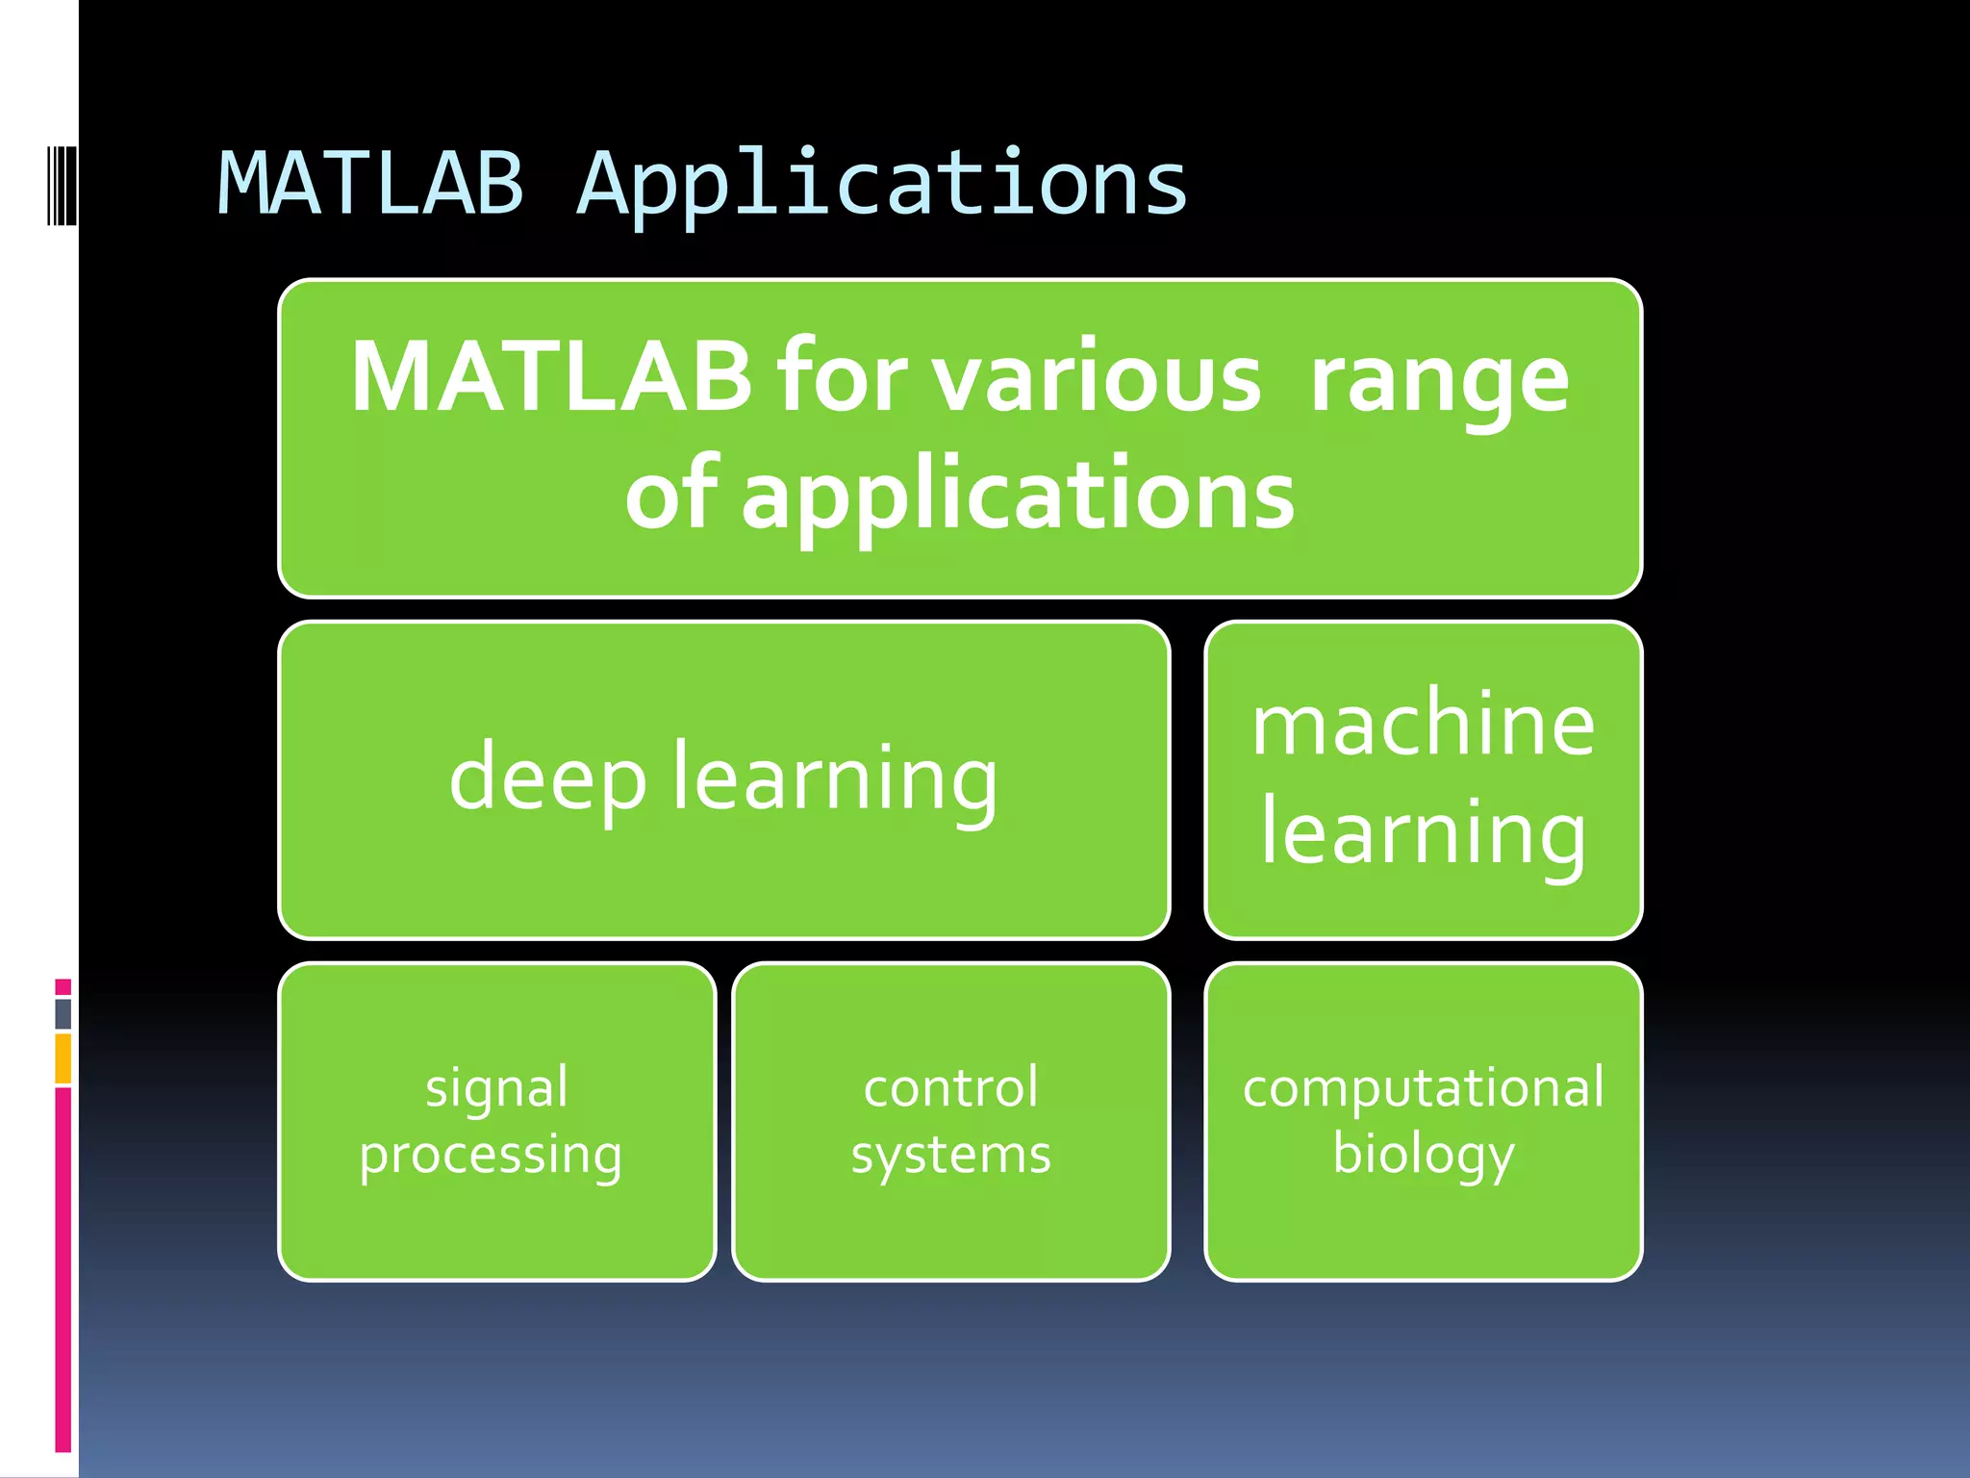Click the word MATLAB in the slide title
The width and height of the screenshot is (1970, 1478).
[x=371, y=183]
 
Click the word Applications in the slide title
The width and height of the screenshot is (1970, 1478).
[x=882, y=185]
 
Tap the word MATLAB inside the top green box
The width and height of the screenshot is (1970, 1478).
[x=550, y=377]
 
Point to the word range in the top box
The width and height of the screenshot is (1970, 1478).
[x=1439, y=381]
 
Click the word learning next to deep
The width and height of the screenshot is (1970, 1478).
[x=835, y=779]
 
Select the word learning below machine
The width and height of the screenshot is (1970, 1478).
[x=1423, y=833]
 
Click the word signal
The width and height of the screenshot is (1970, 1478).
[x=496, y=1088]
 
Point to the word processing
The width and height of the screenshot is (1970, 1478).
[x=491, y=1155]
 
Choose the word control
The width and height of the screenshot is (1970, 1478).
[x=950, y=1087]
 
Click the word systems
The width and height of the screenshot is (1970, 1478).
[x=950, y=1155]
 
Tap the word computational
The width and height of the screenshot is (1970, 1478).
[x=1423, y=1087]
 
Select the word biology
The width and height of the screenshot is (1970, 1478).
[x=1423, y=1155]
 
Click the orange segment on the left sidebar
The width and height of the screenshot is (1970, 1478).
[x=63, y=1058]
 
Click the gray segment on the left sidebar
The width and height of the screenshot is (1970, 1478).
[x=63, y=1013]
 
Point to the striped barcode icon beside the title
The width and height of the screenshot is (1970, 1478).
[x=62, y=185]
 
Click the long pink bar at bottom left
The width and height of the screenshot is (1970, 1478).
[x=63, y=1270]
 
